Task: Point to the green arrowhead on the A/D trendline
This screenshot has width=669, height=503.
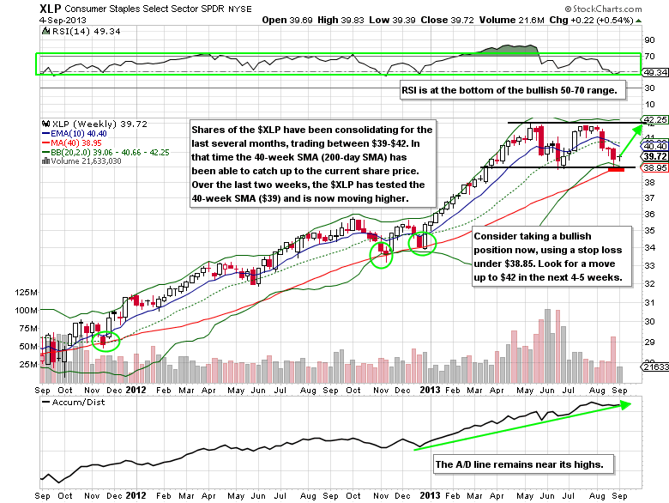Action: coord(624,404)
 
